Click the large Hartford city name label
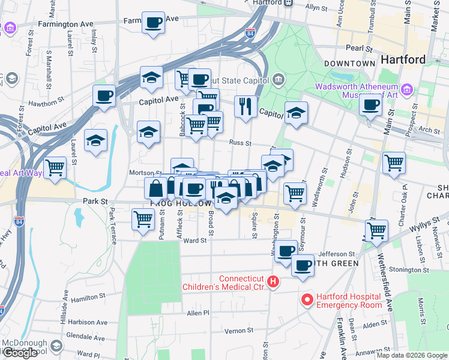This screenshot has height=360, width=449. pyautogui.click(x=403, y=59)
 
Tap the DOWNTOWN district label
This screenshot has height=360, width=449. pyautogui.click(x=349, y=63)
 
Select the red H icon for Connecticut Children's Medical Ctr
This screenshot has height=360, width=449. pyautogui.click(x=274, y=281)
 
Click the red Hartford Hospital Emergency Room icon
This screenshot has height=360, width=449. pyautogui.click(x=307, y=298)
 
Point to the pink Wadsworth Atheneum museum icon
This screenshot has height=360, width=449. pyautogui.click(x=408, y=90)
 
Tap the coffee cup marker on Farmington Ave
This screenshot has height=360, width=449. pyautogui.click(x=154, y=23)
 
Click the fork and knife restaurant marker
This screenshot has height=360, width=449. pyautogui.click(x=246, y=107)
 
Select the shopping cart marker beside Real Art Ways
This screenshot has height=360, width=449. pyautogui.click(x=55, y=167)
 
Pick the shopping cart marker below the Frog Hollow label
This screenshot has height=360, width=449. pyautogui.click(x=143, y=220)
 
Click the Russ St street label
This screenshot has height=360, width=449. pyautogui.click(x=240, y=143)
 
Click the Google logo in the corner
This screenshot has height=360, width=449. pyautogui.click(x=20, y=353)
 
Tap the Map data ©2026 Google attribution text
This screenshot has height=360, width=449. pyautogui.click(x=411, y=355)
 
